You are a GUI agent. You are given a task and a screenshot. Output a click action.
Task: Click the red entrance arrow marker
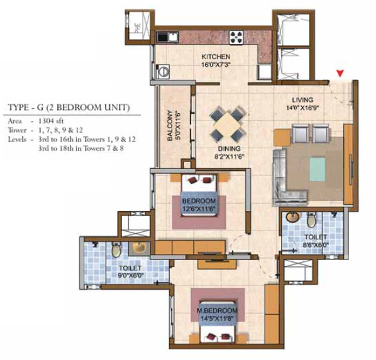[340, 73]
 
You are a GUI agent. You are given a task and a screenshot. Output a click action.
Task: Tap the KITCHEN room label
[216, 57]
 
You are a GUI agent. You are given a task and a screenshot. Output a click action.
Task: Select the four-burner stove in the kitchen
[236, 37]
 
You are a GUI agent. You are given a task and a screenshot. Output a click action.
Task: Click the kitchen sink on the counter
[168, 37]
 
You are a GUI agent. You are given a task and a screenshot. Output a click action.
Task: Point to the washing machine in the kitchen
[163, 72]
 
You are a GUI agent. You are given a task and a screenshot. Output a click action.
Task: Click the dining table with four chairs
[228, 124]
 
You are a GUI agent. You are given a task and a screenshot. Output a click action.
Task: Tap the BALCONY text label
[170, 126]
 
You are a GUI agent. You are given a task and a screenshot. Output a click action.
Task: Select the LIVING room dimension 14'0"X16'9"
[303, 108]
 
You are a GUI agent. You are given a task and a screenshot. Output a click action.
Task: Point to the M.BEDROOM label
[217, 310]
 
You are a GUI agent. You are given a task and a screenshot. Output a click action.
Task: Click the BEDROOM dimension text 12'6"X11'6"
[199, 209]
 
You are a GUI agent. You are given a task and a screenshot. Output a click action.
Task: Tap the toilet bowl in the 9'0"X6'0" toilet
[116, 250]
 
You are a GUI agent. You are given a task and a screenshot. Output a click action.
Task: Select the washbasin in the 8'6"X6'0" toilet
[293, 217]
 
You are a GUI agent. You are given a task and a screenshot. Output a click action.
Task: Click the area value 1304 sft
[51, 121]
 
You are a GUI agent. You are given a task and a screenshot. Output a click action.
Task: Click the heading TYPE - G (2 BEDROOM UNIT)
[69, 107]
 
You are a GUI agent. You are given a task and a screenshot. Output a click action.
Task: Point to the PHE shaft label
[137, 28]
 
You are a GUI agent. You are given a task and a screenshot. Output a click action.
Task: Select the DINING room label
[229, 149]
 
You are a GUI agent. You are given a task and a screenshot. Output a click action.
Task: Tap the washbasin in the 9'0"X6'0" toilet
[139, 248]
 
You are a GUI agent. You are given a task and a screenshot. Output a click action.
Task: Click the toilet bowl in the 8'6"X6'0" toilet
[311, 219]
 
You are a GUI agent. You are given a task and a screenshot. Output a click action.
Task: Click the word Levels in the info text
[17, 139]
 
